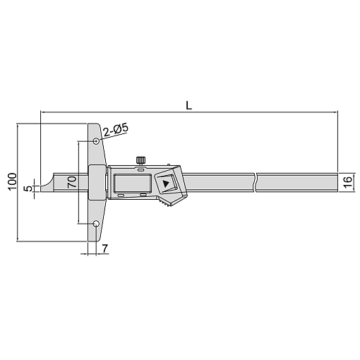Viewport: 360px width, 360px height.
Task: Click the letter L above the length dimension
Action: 188,105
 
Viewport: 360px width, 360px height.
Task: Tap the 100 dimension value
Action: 12,181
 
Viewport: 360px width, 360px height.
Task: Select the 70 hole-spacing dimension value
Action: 72,182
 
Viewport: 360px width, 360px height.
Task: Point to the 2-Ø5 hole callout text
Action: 116,130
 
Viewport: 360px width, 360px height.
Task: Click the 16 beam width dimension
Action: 348,182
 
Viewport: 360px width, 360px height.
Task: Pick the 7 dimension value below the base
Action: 104,248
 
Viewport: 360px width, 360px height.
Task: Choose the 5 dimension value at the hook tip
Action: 28,188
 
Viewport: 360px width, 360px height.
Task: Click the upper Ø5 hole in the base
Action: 96,141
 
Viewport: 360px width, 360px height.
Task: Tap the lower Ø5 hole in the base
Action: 96,224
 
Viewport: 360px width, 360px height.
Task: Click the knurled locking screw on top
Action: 140,161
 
